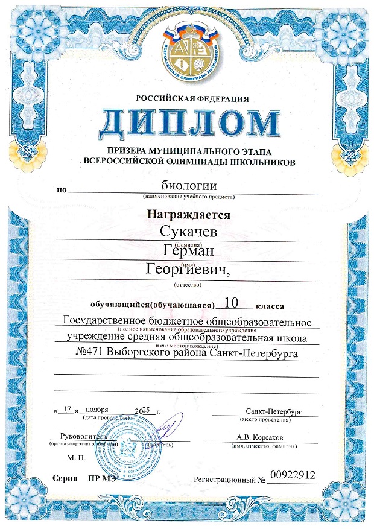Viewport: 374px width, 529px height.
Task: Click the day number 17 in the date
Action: pyautogui.click(x=68, y=408)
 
